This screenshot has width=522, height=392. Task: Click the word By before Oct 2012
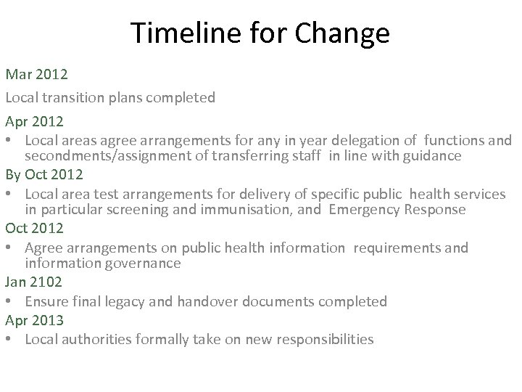13,176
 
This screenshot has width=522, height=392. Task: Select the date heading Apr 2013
33,319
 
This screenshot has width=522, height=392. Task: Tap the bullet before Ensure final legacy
10,301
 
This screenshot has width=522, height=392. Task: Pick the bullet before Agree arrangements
10,248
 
